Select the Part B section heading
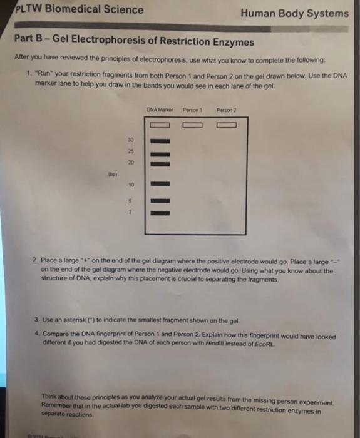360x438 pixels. (134, 42)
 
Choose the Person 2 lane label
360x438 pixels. (226, 112)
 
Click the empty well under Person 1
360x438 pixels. (192, 125)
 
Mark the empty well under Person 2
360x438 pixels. (226, 125)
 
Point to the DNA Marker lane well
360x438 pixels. (160, 125)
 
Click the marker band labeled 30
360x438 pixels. (160, 140)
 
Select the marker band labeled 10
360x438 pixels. (160, 184)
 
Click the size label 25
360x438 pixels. (131, 151)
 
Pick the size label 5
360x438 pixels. (132, 201)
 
